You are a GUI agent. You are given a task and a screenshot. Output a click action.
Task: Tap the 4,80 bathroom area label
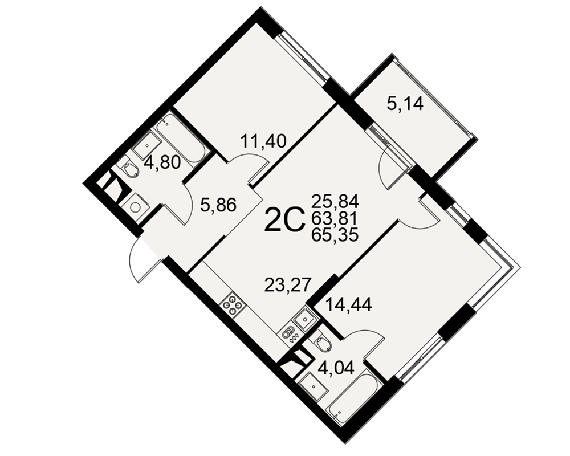coord(162,163)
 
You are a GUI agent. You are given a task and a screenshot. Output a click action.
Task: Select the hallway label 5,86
coord(218,205)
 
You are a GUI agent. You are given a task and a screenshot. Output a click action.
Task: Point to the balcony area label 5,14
coord(405,104)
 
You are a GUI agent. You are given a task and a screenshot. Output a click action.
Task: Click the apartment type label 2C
coord(284,219)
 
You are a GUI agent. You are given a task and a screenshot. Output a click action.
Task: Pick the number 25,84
coord(335,200)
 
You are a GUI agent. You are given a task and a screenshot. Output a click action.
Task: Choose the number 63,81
coord(335,218)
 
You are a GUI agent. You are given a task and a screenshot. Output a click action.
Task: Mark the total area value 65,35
coord(335,235)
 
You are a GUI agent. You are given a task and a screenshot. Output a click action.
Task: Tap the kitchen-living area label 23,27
coord(288,285)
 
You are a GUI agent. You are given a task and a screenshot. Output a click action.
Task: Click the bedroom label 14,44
coord(349,305)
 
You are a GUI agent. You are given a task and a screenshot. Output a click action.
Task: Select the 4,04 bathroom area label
coord(336,369)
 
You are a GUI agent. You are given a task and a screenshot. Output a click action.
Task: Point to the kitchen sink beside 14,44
coord(304,319)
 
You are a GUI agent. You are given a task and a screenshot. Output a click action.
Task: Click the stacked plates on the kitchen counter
coord(289,332)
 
